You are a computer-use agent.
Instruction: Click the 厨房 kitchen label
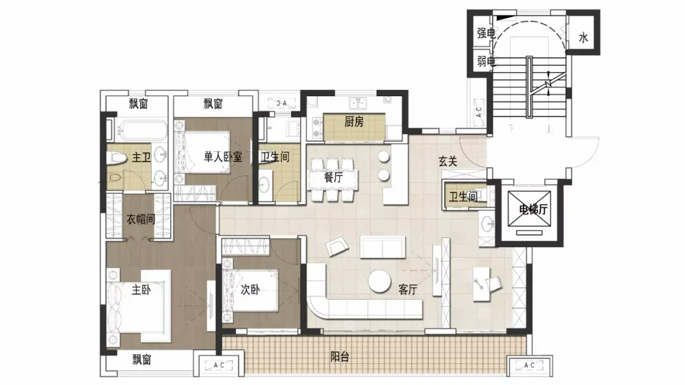tap(353, 122)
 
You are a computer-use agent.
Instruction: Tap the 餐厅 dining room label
tap(333, 177)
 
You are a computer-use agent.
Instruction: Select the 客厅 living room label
tap(408, 289)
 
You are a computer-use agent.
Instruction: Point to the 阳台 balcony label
tap(339, 357)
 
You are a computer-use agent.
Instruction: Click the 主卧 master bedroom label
tap(141, 289)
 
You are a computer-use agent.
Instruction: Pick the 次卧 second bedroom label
tap(250, 289)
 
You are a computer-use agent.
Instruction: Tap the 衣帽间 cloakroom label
tap(141, 219)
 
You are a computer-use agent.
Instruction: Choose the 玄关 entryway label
tap(448, 161)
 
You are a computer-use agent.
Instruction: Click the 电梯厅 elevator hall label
tap(533, 210)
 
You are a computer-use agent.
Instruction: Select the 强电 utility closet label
tap(486, 33)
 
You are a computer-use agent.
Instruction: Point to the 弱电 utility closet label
tap(486, 61)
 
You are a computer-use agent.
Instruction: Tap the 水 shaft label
tap(584, 38)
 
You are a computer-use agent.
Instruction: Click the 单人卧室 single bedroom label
tap(223, 156)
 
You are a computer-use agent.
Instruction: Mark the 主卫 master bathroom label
tap(141, 157)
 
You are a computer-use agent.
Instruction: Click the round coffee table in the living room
tap(379, 282)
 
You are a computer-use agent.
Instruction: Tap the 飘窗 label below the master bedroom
tap(141, 359)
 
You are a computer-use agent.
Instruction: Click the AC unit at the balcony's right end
tap(529, 365)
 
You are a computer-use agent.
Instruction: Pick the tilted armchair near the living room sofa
tap(337, 246)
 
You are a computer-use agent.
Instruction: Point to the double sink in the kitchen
tap(357, 103)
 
